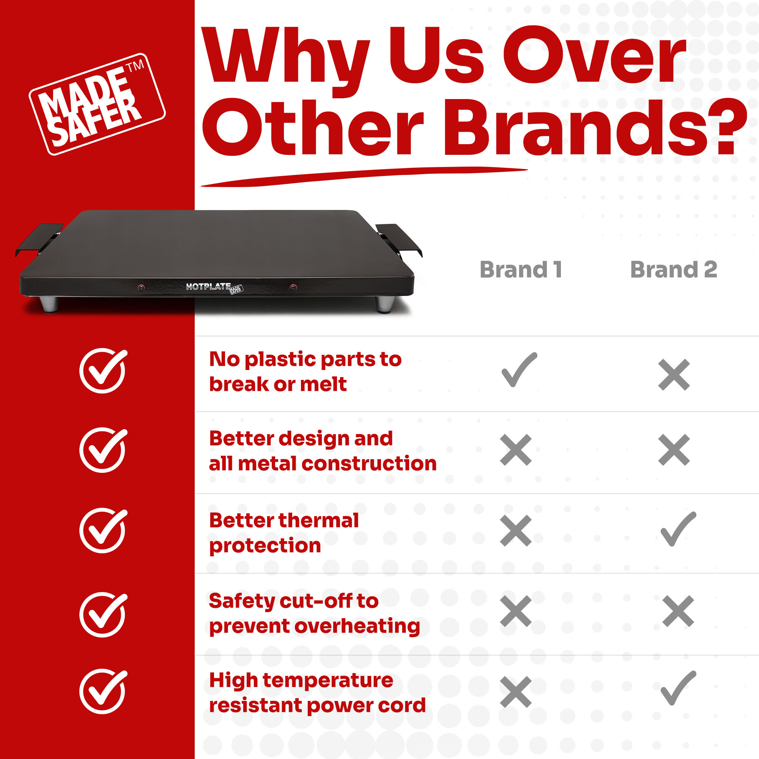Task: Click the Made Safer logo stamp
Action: (97, 104)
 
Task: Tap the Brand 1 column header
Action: (521, 269)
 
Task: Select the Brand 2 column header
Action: (674, 269)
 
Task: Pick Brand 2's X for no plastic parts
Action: (674, 375)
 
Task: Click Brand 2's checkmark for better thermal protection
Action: (679, 529)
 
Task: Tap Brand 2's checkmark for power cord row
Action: (679, 688)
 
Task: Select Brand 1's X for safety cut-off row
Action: (516, 611)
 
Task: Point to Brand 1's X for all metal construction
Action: (516, 450)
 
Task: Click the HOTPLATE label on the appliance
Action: (208, 287)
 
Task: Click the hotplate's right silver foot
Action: (384, 304)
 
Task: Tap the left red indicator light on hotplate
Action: (141, 287)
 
